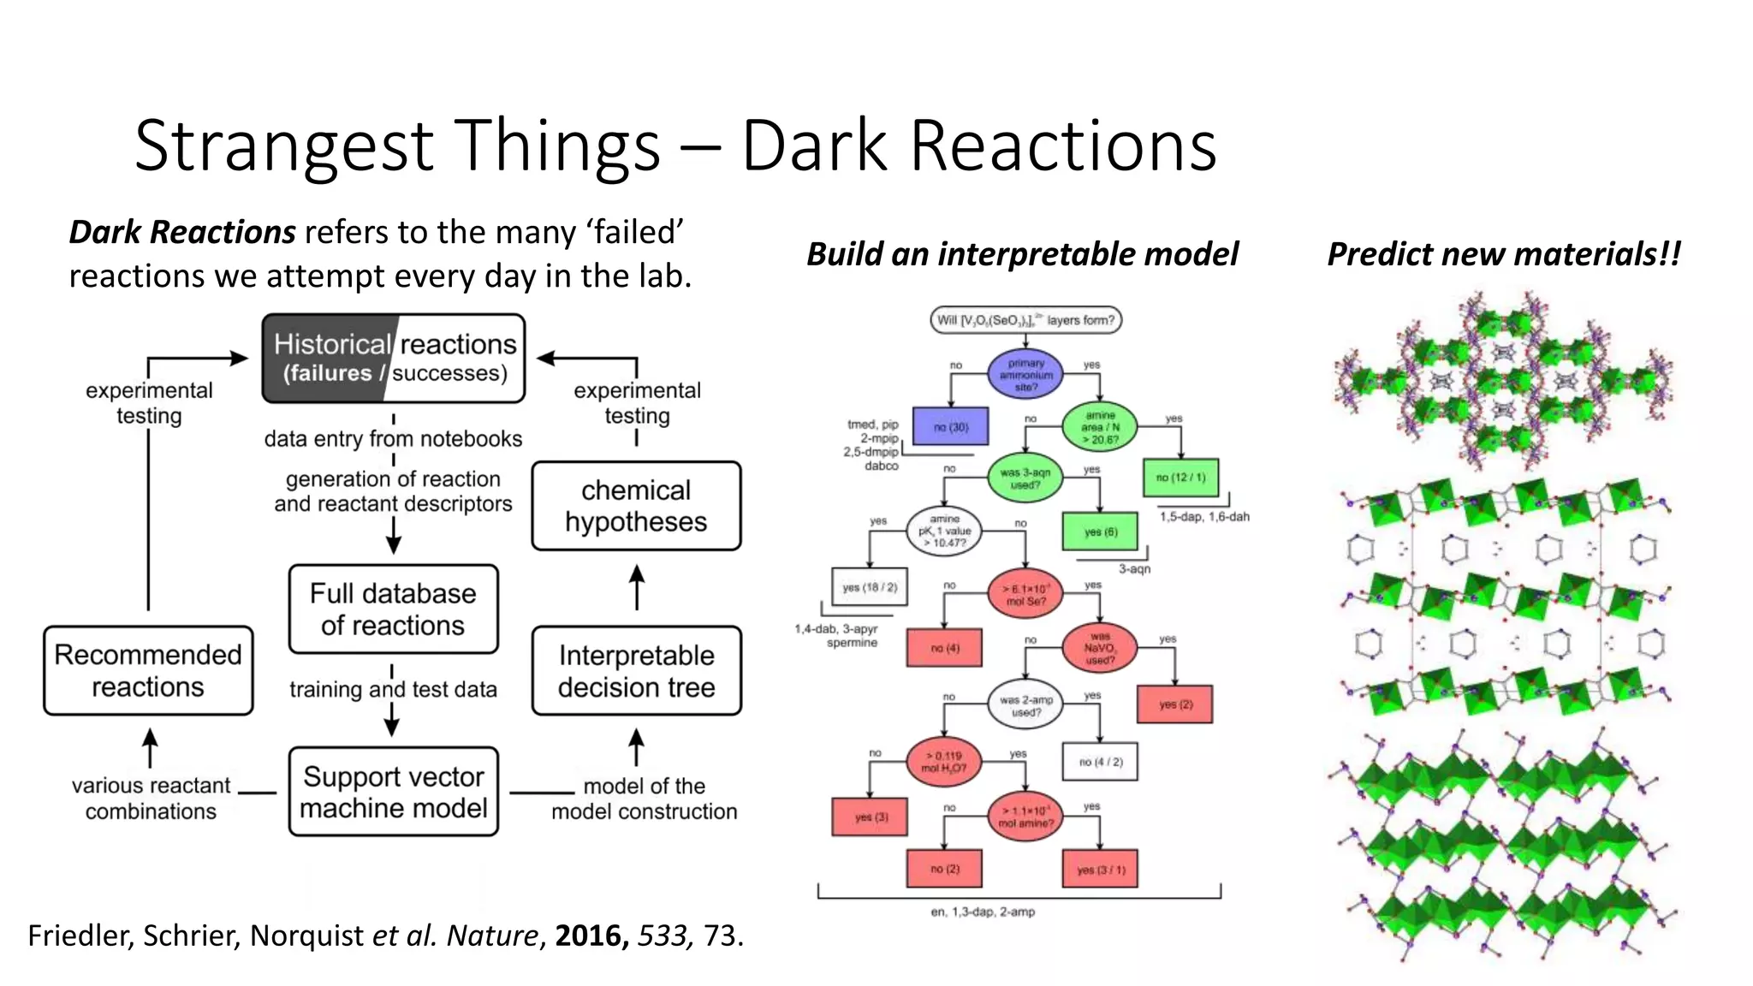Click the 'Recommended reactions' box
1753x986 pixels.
click(x=148, y=670)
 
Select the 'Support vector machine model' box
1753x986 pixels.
click(x=393, y=792)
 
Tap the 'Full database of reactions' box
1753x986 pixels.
click(x=393, y=609)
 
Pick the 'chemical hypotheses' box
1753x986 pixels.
click(x=636, y=506)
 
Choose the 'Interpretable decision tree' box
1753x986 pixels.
click(x=636, y=671)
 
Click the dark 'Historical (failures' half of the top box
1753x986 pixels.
click(x=324, y=358)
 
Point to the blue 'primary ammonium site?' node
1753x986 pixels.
click(x=1025, y=375)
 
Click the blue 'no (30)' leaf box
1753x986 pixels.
click(x=950, y=426)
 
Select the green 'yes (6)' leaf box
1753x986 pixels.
click(x=1100, y=532)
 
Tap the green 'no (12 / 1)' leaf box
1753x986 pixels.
click(x=1180, y=478)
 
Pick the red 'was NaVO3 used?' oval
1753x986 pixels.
click(x=1099, y=648)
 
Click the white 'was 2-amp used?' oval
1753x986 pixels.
click(x=1025, y=705)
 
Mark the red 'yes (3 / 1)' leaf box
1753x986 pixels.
click(x=1100, y=870)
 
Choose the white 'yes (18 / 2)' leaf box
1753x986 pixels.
click(x=869, y=587)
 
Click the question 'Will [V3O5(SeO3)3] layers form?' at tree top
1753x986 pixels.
click(x=1025, y=320)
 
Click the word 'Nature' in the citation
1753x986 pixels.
click(x=492, y=936)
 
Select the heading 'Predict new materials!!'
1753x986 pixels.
click(x=1503, y=254)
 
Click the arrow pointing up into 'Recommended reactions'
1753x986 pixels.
click(x=150, y=746)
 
